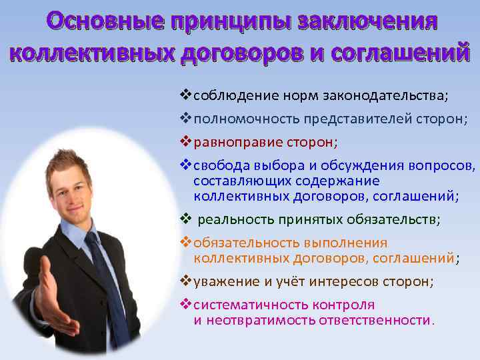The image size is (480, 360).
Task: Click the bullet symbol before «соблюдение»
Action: coord(187,95)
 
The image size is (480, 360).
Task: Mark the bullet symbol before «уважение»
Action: coord(187,281)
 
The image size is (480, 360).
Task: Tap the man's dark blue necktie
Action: coord(107,273)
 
